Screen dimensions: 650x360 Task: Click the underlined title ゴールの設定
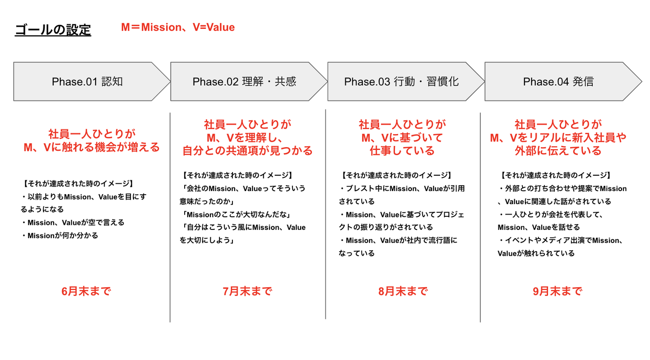pos(53,30)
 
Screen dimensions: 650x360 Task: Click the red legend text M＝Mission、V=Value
pos(178,27)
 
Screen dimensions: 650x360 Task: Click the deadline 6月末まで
pos(86,291)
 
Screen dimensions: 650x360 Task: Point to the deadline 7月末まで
pos(247,291)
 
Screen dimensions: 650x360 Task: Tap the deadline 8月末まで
pos(403,291)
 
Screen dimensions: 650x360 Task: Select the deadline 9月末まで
pos(557,291)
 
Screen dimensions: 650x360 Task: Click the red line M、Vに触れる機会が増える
pos(92,148)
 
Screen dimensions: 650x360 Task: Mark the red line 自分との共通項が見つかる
pos(247,151)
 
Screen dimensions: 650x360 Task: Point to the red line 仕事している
pos(402,151)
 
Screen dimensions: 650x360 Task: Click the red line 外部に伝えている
pos(558,151)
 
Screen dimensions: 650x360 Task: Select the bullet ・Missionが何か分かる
pos(60,235)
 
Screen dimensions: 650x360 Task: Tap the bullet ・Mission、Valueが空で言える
pos(73,223)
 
